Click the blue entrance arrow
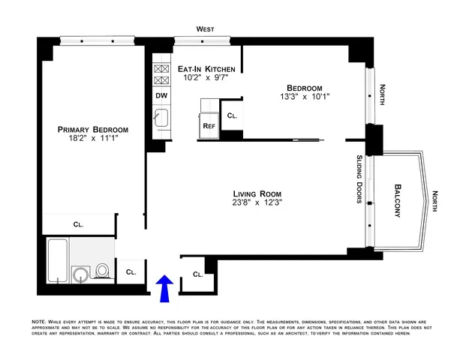point(166,286)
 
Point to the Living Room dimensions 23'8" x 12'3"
point(257,201)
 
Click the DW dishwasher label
point(161,95)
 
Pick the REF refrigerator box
point(209,126)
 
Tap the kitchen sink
point(161,117)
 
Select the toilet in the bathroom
point(103,270)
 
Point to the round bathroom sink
point(80,272)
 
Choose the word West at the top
point(205,28)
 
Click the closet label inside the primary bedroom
point(79,223)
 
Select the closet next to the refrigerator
point(232,116)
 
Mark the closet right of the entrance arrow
point(197,274)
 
